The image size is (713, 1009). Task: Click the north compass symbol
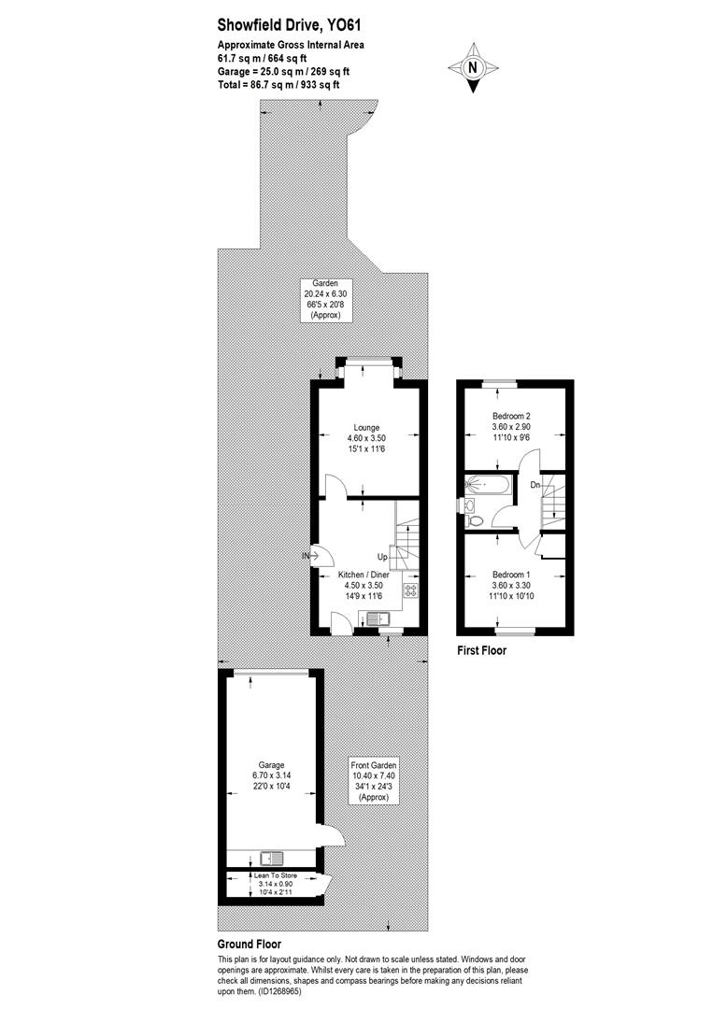coord(473,67)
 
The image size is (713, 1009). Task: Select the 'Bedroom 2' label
coord(511,417)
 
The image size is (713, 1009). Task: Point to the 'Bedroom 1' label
coord(511,574)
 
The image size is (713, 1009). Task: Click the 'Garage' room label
coord(266,765)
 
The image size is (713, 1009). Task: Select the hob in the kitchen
coord(409,590)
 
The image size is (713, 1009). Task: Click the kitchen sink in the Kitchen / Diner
coord(378,618)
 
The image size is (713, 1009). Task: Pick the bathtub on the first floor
coord(486,484)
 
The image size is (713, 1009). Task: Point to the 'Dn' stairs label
coord(534,485)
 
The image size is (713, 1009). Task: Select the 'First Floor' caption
coord(481,650)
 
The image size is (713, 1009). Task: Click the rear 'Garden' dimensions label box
coord(326,300)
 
